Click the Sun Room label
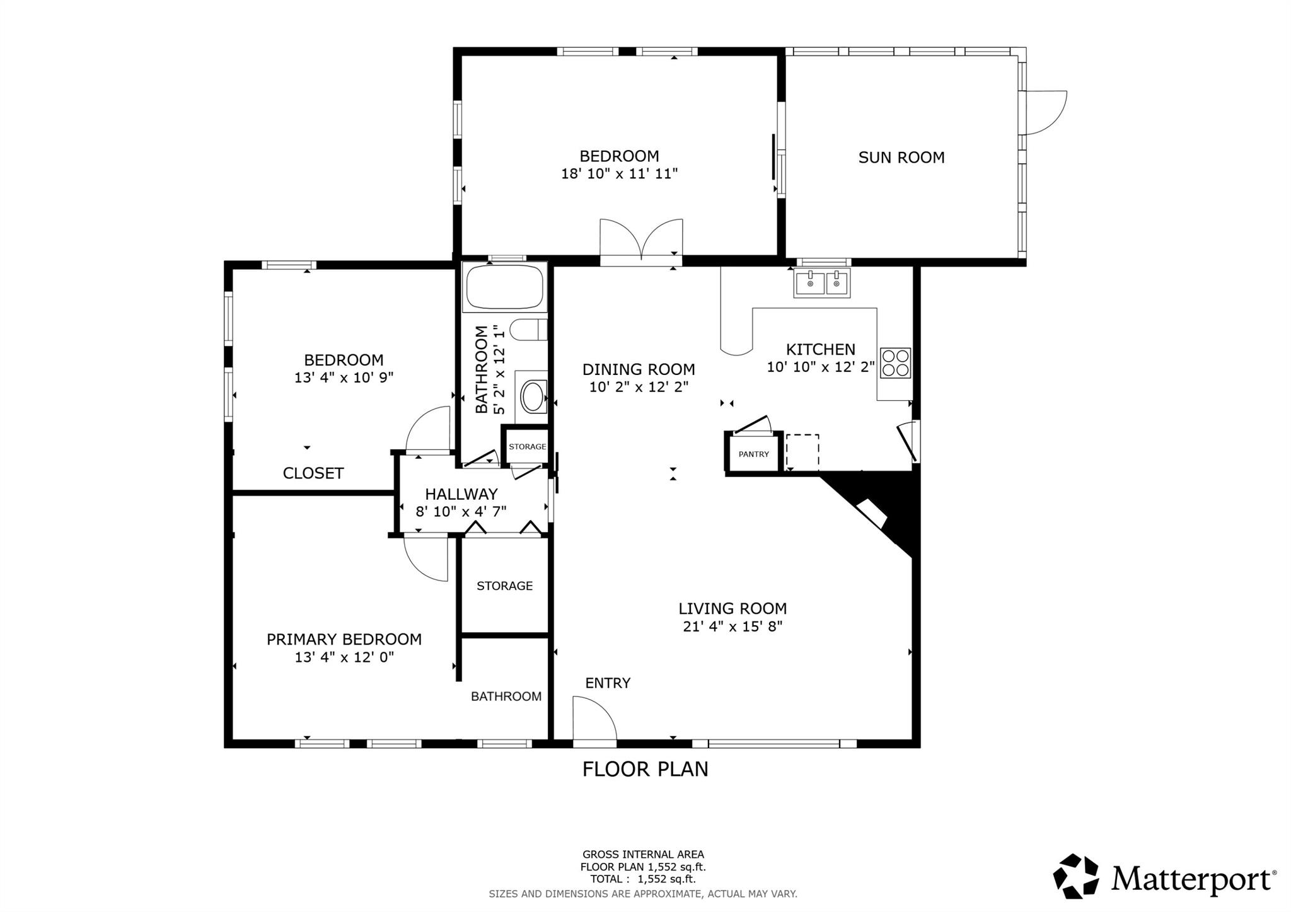pos(901,158)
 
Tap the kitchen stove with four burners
pos(895,362)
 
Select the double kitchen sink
pos(821,282)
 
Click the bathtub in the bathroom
pos(504,287)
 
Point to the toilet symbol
pos(528,329)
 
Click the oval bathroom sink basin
pos(534,396)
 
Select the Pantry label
pos(753,454)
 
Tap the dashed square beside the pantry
pos(802,451)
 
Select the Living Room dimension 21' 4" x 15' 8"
pos(732,626)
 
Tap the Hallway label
pos(461,494)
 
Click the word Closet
pos(313,473)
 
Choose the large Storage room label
pos(504,586)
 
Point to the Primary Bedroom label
pos(344,639)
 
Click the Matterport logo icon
pos(1075,875)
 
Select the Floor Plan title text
pos(645,770)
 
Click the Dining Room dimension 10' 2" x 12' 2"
pos(638,387)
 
